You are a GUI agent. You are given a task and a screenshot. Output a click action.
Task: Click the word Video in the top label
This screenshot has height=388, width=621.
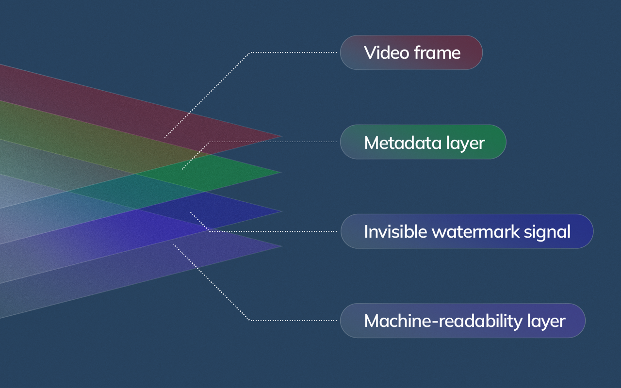click(380, 52)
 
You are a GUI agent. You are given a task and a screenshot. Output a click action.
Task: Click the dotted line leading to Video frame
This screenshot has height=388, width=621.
click(291, 52)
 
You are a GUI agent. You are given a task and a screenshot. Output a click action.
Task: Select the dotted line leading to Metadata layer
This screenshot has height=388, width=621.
click(272, 142)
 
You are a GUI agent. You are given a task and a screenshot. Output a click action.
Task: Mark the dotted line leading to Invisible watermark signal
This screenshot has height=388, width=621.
click(272, 231)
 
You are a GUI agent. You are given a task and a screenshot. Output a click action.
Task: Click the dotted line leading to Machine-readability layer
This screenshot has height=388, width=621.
click(291, 320)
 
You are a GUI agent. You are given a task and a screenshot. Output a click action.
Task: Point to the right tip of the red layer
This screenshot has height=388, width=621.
click(281, 136)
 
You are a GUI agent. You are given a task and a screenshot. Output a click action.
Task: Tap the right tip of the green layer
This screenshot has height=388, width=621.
click(280, 172)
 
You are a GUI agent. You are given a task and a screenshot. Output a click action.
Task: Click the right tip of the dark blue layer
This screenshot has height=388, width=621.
click(281, 211)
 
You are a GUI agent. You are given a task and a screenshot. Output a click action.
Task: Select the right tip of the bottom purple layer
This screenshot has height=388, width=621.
click(281, 246)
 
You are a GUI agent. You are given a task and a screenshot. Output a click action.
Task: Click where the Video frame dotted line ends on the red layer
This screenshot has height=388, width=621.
click(165, 138)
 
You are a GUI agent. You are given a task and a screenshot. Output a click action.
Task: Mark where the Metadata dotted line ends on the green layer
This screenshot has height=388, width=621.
click(182, 169)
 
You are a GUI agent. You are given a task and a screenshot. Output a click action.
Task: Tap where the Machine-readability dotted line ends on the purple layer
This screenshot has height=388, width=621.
click(174, 244)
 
